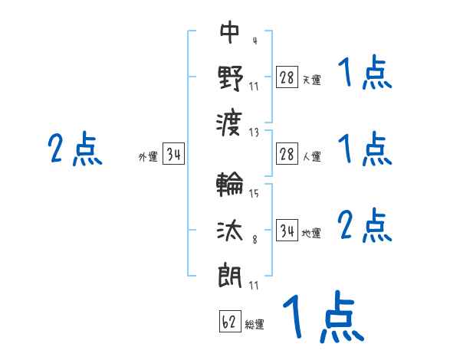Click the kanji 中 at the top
coord(230,31)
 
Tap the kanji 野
coord(230,78)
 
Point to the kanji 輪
coord(230,184)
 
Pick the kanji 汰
coord(230,231)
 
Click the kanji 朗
coord(230,275)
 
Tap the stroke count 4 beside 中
coord(255,41)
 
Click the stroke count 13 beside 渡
coord(254,133)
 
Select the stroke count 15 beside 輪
coord(254,193)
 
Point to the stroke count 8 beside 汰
coord(255,240)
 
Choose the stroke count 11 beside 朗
coord(254,285)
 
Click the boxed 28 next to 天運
coord(287,77)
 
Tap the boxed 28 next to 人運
coord(287,154)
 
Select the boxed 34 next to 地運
coord(287,231)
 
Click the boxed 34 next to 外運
coord(174,154)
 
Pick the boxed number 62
coord(230,321)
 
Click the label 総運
coord(255,324)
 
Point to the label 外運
coord(148,156)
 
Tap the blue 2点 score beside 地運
coord(365,225)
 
